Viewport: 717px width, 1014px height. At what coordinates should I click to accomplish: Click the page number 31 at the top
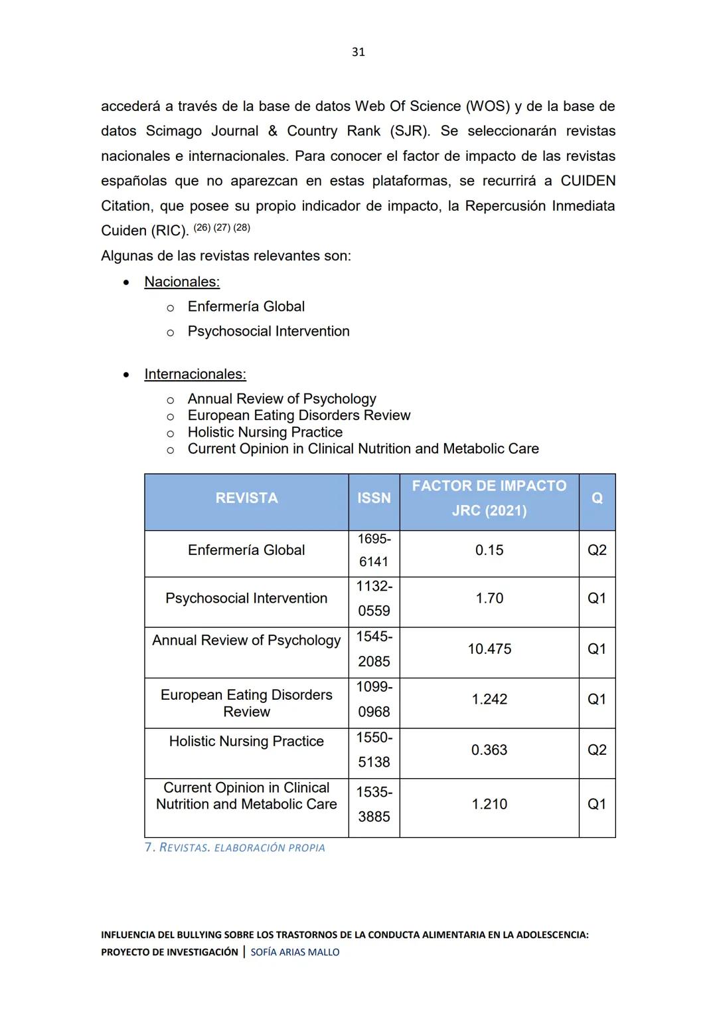pos(358,52)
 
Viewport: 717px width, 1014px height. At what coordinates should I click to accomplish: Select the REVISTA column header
pos(246,498)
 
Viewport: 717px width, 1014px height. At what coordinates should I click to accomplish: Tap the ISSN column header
pos(374,498)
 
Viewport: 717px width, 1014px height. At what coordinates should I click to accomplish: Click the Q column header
pos(597,498)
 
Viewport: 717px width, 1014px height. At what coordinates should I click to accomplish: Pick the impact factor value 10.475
pos(489,649)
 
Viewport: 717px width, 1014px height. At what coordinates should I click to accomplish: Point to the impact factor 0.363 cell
pos(489,750)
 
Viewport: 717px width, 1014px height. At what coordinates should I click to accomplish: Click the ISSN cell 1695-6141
pos(374,550)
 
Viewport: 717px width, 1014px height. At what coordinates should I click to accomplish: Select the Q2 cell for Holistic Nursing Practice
pos(597,750)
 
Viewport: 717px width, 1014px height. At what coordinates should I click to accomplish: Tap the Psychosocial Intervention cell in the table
pos(246,599)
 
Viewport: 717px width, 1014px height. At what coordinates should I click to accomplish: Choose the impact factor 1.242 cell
pos(489,700)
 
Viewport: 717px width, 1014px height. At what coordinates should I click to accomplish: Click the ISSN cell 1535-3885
pos(374,805)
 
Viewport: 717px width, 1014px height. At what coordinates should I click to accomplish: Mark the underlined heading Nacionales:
pos(182,282)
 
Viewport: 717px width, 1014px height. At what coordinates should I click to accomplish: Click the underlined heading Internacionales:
pos(195,374)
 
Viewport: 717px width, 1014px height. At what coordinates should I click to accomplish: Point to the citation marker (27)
pos(222,228)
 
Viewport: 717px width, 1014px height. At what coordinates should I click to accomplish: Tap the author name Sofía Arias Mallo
pos(295,952)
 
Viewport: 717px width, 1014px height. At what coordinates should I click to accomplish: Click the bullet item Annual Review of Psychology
pos(281,399)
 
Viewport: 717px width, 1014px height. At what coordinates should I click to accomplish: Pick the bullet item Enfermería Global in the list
pos(246,306)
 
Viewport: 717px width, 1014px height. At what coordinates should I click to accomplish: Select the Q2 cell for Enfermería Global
pos(597,550)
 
